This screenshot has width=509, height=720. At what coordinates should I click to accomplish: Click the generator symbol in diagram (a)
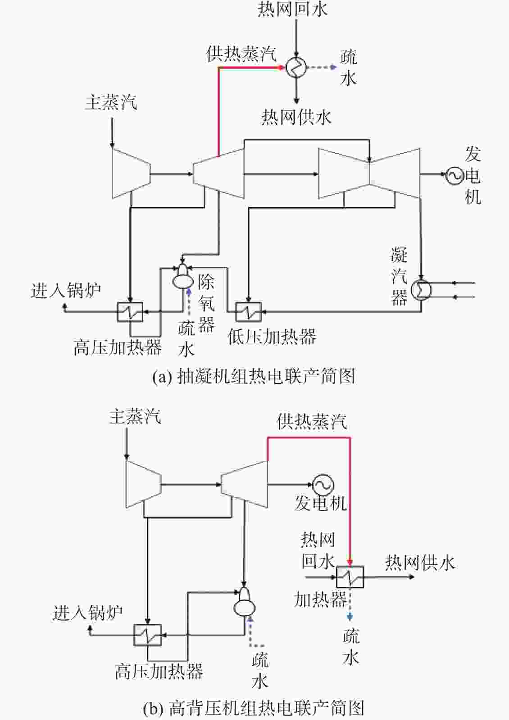coord(455,175)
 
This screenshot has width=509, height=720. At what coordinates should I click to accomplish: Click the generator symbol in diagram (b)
coord(323,485)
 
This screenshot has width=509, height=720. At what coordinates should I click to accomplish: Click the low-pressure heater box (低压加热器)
coord(248,311)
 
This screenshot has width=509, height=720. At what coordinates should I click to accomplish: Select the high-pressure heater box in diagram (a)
coord(130,311)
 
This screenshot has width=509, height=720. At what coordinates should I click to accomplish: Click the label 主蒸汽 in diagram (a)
coord(111,102)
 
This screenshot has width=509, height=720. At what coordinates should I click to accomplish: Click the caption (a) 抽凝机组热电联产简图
coord(254,376)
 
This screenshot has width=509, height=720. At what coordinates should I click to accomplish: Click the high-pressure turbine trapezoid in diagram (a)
coord(131,174)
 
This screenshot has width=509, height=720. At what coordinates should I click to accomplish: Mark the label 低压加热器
coord(272,337)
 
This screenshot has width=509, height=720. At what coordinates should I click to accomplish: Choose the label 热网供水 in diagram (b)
coord(420,562)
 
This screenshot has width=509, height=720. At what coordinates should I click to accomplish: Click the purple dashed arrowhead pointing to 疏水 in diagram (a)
coord(334,67)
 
